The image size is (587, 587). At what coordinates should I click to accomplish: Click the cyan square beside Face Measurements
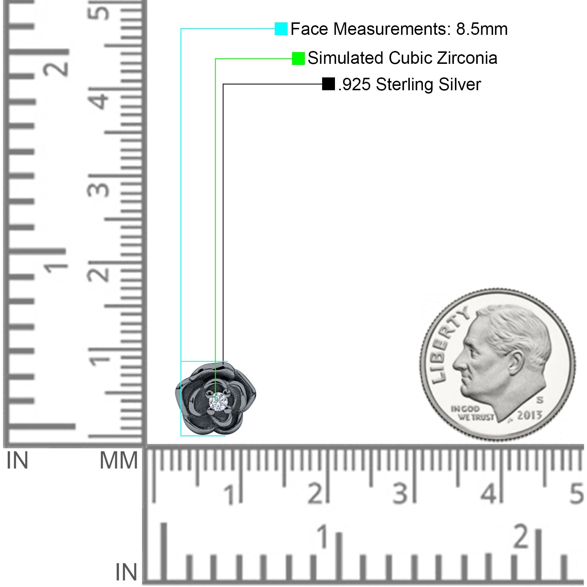[x=281, y=29]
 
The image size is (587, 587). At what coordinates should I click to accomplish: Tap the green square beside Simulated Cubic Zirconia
[x=298, y=58]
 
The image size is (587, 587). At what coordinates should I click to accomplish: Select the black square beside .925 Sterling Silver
[x=328, y=84]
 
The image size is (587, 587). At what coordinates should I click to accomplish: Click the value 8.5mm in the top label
[x=482, y=29]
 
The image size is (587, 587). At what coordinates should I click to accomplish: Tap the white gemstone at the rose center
[x=218, y=402]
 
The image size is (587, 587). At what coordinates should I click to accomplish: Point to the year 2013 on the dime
[x=529, y=415]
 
